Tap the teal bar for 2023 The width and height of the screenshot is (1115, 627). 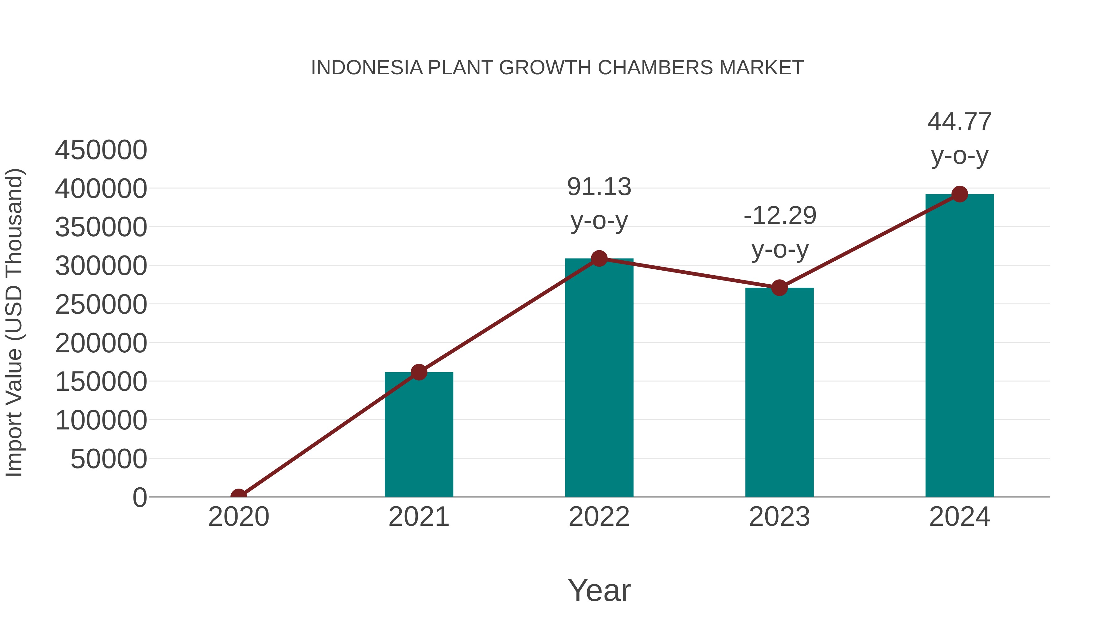(x=779, y=394)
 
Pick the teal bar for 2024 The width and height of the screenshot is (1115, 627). (x=960, y=346)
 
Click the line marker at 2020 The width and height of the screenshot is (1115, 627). (x=238, y=496)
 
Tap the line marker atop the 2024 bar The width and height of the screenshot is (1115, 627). (x=960, y=194)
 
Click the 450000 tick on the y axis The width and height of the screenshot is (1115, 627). (x=101, y=150)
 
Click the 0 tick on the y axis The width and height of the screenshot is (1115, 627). (x=140, y=497)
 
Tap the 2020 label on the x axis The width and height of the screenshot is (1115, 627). (x=238, y=517)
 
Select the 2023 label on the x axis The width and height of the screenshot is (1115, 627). (x=779, y=517)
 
